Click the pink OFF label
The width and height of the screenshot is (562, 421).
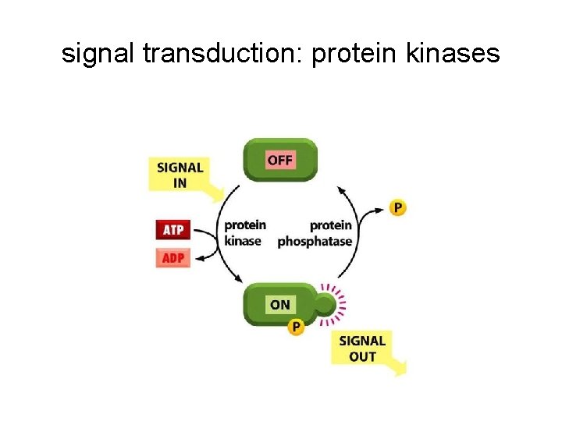coord(279,161)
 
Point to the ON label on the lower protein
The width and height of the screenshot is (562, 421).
coord(279,305)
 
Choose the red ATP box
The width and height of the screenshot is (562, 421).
coord(173,230)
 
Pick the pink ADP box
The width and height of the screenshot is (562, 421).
coord(173,257)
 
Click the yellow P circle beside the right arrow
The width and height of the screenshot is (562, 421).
coord(398,207)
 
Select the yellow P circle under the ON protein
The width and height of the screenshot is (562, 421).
coord(296,327)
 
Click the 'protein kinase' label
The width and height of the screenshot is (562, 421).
coord(244,233)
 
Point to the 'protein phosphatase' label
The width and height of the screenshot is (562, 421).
coord(316,233)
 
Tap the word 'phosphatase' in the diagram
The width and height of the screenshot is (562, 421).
coord(315,242)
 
